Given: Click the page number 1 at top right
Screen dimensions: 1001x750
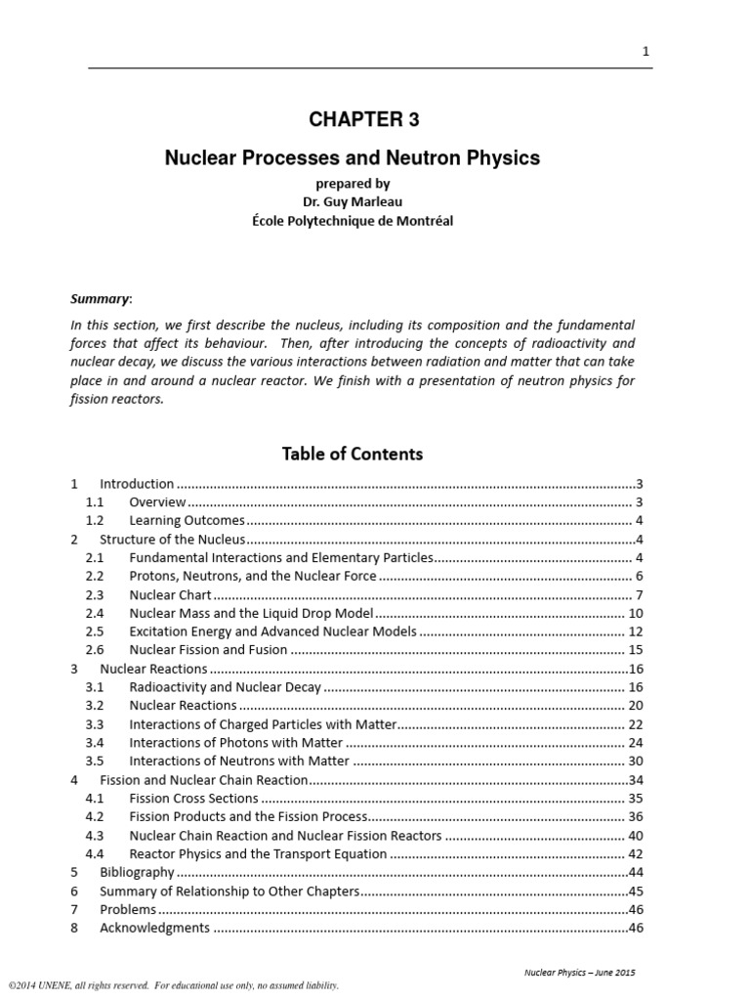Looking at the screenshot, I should point(646,52).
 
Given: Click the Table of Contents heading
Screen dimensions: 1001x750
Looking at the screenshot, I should point(353,454).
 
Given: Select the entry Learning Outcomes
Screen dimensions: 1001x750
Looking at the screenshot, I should point(187,520).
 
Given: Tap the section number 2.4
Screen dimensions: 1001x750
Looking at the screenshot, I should point(95,613).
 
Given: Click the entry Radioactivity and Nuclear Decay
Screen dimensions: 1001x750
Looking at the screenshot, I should point(225,687).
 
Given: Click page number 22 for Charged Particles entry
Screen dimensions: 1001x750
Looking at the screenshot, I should point(635,724).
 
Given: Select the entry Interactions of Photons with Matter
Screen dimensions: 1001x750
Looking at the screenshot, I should point(235,743).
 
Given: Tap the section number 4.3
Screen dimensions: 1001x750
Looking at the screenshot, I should point(95,836).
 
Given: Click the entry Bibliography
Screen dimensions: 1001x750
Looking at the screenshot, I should point(137,872).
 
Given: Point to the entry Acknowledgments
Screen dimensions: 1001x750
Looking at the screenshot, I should point(154,928).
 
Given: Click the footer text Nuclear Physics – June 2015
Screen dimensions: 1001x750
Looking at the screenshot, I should point(580,973).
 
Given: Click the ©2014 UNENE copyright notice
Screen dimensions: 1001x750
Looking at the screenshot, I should point(174,986).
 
